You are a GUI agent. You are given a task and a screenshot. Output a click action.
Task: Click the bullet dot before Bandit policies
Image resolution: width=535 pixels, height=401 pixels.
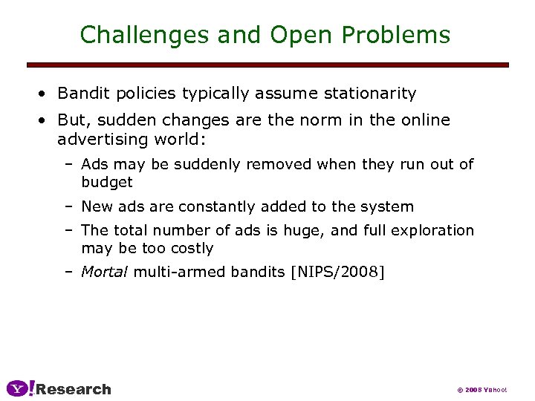[x=45, y=94]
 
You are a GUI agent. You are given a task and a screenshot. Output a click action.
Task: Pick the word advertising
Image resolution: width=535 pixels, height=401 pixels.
[x=104, y=140]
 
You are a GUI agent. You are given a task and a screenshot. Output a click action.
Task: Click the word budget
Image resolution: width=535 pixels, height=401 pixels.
[x=107, y=182]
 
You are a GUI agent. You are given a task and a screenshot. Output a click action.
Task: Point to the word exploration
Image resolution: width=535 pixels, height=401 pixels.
[x=427, y=231]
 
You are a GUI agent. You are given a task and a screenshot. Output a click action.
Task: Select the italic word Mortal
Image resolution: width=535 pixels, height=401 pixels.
[x=105, y=273]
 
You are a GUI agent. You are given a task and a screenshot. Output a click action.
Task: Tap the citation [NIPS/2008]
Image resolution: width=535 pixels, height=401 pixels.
[x=339, y=273]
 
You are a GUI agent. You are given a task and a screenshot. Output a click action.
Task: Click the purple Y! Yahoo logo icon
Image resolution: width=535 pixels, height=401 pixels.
[x=20, y=388]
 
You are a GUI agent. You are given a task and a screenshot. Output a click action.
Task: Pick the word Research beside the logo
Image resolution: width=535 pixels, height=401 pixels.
[x=74, y=389]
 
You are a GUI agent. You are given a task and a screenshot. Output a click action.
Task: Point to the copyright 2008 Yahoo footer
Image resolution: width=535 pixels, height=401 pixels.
[x=481, y=390]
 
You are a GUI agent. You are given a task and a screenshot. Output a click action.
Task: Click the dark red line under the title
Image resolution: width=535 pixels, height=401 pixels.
[x=267, y=65]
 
